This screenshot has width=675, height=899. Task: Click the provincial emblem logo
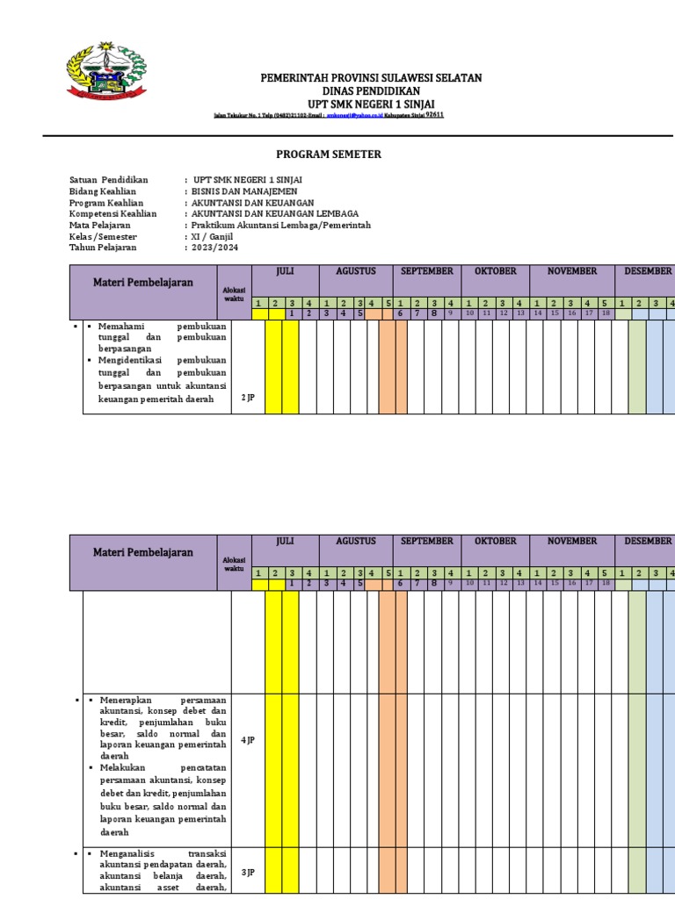(x=105, y=72)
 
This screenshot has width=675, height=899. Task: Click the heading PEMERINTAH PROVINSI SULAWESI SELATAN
(x=371, y=78)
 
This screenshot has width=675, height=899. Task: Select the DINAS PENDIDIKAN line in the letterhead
(x=371, y=91)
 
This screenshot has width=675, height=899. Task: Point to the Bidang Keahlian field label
(x=103, y=191)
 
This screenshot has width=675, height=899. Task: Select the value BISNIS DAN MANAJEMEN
(x=244, y=191)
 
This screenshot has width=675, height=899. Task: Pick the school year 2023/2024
(x=215, y=248)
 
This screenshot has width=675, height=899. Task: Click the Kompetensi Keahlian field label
(x=112, y=214)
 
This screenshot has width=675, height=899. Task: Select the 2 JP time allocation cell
(x=248, y=398)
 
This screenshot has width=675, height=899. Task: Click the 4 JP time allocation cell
(x=248, y=741)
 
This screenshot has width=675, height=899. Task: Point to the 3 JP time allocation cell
(x=248, y=872)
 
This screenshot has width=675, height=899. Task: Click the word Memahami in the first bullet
(x=121, y=326)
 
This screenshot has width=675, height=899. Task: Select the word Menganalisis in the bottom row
(x=127, y=853)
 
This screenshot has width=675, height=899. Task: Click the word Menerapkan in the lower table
(x=125, y=699)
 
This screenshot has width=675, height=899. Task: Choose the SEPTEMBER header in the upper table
(x=427, y=271)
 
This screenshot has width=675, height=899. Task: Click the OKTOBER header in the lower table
(x=495, y=542)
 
